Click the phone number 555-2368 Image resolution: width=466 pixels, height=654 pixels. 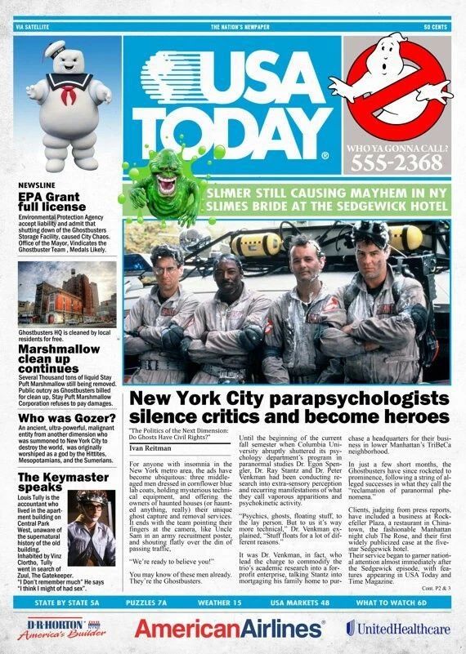pos(396,163)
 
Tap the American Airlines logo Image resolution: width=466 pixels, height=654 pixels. pos(229,628)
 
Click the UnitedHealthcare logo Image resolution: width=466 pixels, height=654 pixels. pos(397,628)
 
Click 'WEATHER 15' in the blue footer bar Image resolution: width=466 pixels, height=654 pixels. pos(221,603)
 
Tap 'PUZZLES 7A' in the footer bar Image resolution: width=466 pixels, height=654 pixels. pos(147,603)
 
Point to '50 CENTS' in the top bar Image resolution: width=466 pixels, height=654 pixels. pos(437,27)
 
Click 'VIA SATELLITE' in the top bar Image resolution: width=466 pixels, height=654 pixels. pos(33,27)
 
